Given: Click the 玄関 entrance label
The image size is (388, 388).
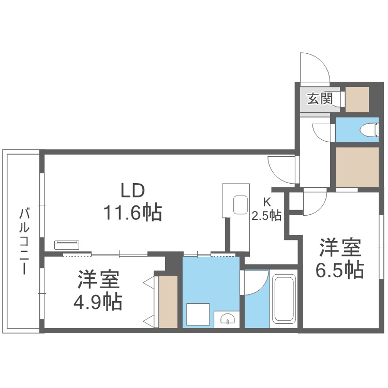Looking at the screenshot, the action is tap(320, 99).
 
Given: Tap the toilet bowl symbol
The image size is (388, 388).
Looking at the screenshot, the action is tap(370, 130).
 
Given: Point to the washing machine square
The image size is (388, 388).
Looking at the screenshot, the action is tap(198, 314).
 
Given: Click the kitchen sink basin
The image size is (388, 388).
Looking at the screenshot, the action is tap(241, 205).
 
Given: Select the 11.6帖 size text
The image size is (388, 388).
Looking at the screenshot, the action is tap(132, 213).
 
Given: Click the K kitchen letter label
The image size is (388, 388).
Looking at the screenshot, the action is tap(267, 202).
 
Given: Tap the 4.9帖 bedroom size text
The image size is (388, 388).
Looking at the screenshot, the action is tap(98, 302).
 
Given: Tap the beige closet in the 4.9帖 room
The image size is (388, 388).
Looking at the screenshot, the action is tap(168, 302).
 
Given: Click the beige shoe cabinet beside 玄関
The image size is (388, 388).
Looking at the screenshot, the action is tap(357, 99).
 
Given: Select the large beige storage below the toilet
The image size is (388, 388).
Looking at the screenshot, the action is tap(357, 167).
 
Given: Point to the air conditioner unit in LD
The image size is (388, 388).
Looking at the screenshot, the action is tap(67, 245).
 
